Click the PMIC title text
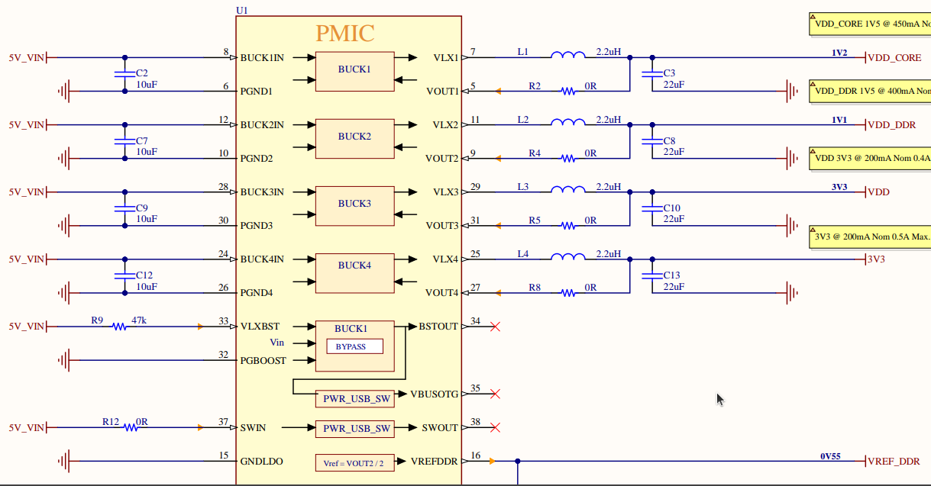click(345, 34)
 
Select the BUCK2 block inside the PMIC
click(354, 137)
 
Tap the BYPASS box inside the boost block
click(354, 346)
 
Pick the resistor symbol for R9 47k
click(119, 327)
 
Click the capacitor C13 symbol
click(651, 275)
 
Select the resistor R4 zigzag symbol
click(567, 159)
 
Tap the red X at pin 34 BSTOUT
click(495, 327)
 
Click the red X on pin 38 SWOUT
click(495, 428)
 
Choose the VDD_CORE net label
click(894, 58)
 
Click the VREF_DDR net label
click(894, 462)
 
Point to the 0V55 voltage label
click(830, 456)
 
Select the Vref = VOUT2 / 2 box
click(354, 462)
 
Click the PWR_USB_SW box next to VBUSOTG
click(354, 398)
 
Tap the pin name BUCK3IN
click(262, 192)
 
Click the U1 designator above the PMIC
click(243, 10)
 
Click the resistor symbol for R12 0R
click(131, 428)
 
